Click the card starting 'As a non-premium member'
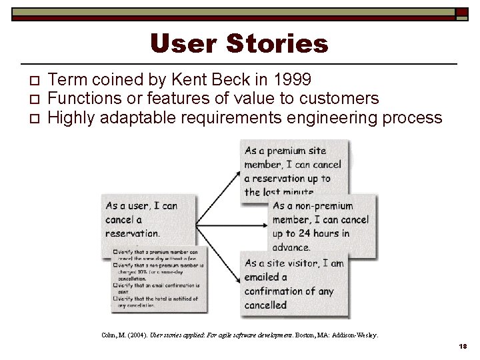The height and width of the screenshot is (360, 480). coord(320,227)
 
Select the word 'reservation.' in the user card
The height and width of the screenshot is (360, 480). coord(133,233)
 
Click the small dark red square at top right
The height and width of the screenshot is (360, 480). coord(461,12)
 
